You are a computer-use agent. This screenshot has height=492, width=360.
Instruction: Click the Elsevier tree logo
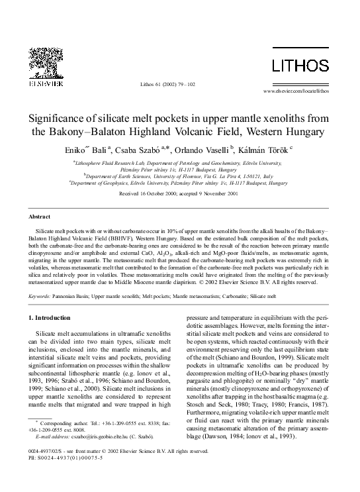click(47, 64)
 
